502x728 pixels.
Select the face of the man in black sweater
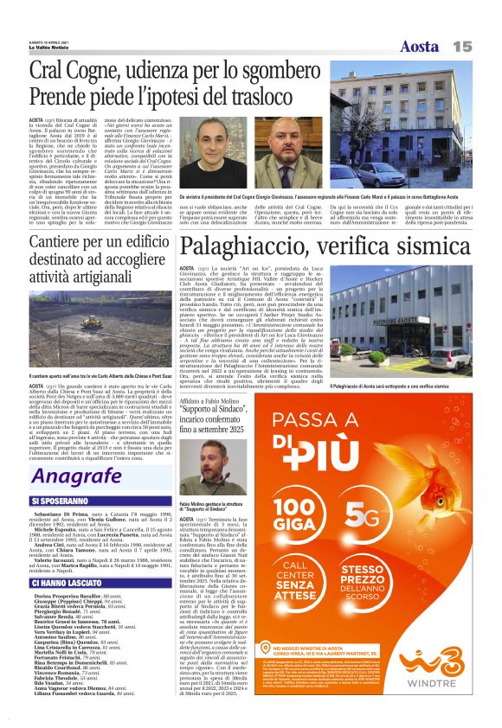pos(209,140)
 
